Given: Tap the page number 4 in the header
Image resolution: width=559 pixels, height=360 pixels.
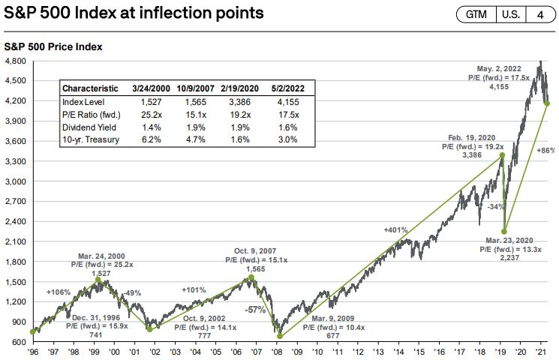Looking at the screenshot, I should tap(539, 14).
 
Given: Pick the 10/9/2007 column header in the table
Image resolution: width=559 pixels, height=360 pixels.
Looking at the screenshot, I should tap(194, 87).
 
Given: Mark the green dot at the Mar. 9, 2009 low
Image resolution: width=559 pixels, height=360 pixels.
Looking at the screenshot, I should tap(280, 334).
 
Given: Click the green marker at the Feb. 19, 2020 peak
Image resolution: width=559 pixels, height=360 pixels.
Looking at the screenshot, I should tap(501, 155).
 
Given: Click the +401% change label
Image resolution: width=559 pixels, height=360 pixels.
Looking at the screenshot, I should tap(396, 229).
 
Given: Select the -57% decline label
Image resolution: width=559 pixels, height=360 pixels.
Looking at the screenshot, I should tap(255, 309).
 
